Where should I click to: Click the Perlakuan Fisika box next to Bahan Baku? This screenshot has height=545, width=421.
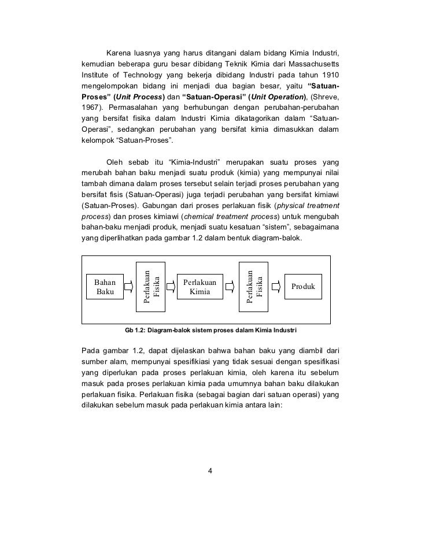tap(150, 284)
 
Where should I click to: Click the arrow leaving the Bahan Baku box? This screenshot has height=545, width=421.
tap(130, 286)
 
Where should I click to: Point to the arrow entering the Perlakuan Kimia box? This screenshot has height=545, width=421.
tap(171, 286)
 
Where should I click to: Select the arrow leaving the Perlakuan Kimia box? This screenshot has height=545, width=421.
tap(230, 286)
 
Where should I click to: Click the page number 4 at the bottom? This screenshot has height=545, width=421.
tap(210, 469)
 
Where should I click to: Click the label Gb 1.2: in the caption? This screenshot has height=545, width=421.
tap(135, 331)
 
